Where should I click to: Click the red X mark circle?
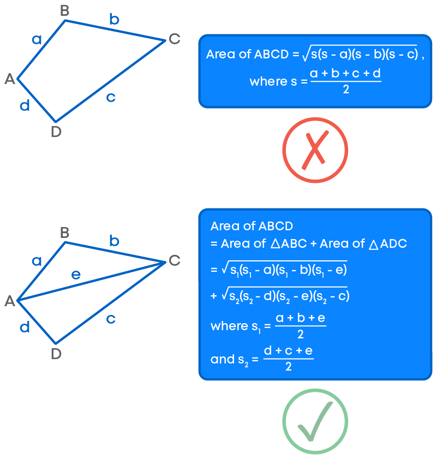(315, 149)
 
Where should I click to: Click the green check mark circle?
(315, 421)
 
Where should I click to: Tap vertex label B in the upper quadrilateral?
(64, 11)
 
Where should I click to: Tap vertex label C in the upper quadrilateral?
(174, 39)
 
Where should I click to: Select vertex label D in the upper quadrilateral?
(56, 132)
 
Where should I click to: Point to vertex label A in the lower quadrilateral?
(9, 301)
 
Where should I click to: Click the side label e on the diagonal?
(76, 275)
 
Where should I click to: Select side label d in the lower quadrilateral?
(25, 327)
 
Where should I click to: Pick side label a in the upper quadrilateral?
(37, 39)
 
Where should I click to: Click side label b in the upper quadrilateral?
(114, 20)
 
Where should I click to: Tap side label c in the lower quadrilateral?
(111, 318)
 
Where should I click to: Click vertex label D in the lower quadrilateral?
(56, 354)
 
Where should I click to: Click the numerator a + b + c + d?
(345, 74)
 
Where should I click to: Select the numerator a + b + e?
(300, 318)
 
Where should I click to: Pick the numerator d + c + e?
(288, 351)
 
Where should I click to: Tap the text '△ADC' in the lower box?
(388, 244)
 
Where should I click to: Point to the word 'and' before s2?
(222, 359)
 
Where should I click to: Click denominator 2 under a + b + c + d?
(346, 90)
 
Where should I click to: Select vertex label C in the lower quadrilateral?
(174, 261)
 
